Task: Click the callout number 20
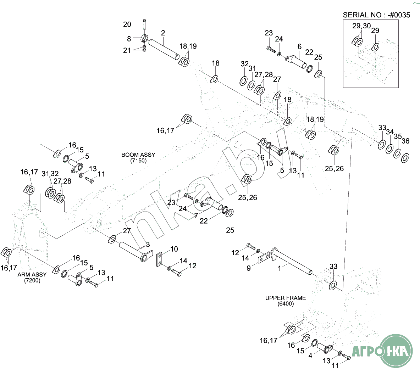point(127,24)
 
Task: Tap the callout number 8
point(129,39)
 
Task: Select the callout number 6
point(300,46)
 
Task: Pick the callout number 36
point(405,141)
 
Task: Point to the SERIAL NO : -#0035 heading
point(376,15)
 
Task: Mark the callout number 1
point(280,268)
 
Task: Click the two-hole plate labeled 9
point(263,258)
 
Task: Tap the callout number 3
point(148,245)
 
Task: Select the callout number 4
point(310,355)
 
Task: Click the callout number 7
point(196,216)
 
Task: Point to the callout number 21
point(127,51)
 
